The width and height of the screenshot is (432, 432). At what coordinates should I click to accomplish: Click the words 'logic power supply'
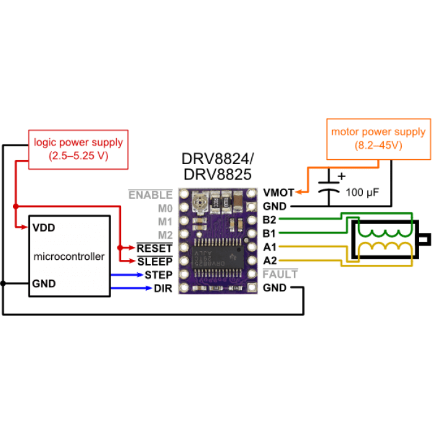pos(78,142)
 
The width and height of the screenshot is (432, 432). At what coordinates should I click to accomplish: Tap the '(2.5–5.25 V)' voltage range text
pos(78,156)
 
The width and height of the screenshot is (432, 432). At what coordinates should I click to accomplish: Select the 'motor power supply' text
pos(378,131)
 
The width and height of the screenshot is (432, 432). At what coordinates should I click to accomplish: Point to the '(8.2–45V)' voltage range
pos(378,146)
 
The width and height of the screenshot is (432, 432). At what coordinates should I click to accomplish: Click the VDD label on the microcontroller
pos(44,228)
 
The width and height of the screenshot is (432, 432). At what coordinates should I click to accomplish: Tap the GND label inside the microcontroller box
pos(44,283)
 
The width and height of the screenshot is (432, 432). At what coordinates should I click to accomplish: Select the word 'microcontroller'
pos(69,256)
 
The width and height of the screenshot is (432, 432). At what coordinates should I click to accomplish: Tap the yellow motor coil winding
pos(386,247)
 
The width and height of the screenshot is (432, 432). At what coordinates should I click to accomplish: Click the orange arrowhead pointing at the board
pos(299,193)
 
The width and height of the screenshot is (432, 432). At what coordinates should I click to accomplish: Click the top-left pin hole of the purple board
pos(184,194)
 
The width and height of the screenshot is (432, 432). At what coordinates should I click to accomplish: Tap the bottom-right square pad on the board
pos(251,288)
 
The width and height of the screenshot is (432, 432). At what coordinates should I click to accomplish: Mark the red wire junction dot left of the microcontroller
pos(15,206)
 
